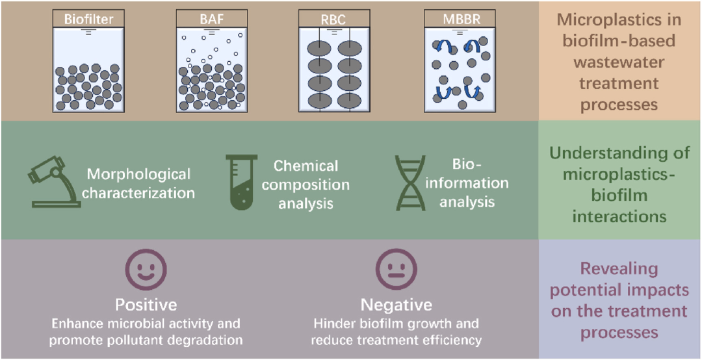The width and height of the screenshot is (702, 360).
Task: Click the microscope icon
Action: click(54, 183)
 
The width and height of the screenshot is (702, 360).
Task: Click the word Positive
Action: click(146, 305)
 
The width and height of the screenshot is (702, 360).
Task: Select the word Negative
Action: click(396, 305)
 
